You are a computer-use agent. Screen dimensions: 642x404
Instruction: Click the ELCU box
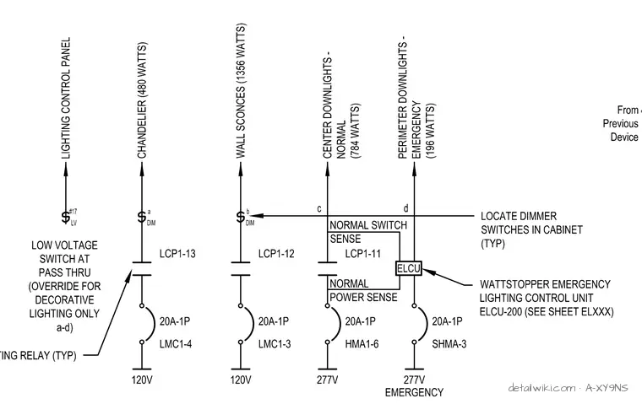pyautogui.click(x=409, y=269)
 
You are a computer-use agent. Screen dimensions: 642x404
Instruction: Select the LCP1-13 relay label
pyautogui.click(x=177, y=254)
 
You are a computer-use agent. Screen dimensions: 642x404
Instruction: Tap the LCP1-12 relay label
pyautogui.click(x=276, y=254)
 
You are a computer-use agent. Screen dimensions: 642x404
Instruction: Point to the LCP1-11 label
pyautogui.click(x=362, y=254)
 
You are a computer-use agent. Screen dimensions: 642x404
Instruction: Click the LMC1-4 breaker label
pyautogui.click(x=175, y=344)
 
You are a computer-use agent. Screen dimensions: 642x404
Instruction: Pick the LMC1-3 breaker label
pyautogui.click(x=275, y=344)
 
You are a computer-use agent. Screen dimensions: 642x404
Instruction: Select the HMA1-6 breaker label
pyautogui.click(x=362, y=344)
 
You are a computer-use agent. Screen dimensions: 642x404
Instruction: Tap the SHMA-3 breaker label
pyautogui.click(x=449, y=344)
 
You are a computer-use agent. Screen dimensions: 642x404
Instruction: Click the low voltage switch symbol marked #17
pyautogui.click(x=66, y=217)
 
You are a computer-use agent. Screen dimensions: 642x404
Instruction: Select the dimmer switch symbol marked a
pyautogui.click(x=142, y=217)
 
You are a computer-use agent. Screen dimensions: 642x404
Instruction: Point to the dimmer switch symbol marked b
pyautogui.click(x=241, y=217)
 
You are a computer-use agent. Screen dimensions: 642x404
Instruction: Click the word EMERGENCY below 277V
pyautogui.click(x=414, y=392)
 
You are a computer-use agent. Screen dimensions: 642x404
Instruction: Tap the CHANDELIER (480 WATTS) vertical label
pyautogui.click(x=142, y=100)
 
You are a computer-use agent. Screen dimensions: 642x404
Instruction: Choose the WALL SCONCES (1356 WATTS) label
pyautogui.click(x=241, y=91)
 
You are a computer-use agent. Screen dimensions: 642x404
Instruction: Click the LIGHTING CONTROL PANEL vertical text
pyautogui.click(x=66, y=98)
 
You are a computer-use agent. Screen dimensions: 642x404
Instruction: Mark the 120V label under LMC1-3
pyautogui.click(x=241, y=380)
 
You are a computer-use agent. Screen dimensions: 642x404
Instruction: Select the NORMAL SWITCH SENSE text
pyautogui.click(x=368, y=232)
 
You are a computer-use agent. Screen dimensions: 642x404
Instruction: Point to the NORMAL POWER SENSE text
pyautogui.click(x=363, y=290)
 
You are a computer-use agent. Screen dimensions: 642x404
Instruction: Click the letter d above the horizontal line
pyautogui.click(x=405, y=208)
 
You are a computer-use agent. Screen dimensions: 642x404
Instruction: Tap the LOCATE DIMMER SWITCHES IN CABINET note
pyautogui.click(x=531, y=229)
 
